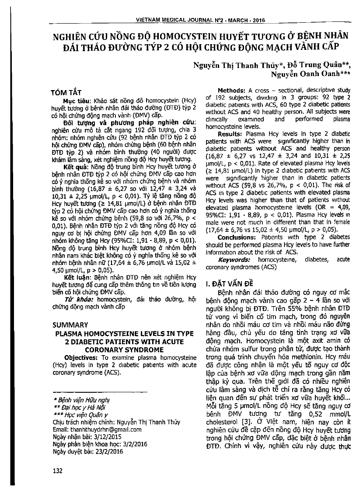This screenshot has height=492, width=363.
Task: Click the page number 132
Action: [57, 471]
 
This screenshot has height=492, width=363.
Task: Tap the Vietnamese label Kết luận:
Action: [75, 276]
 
